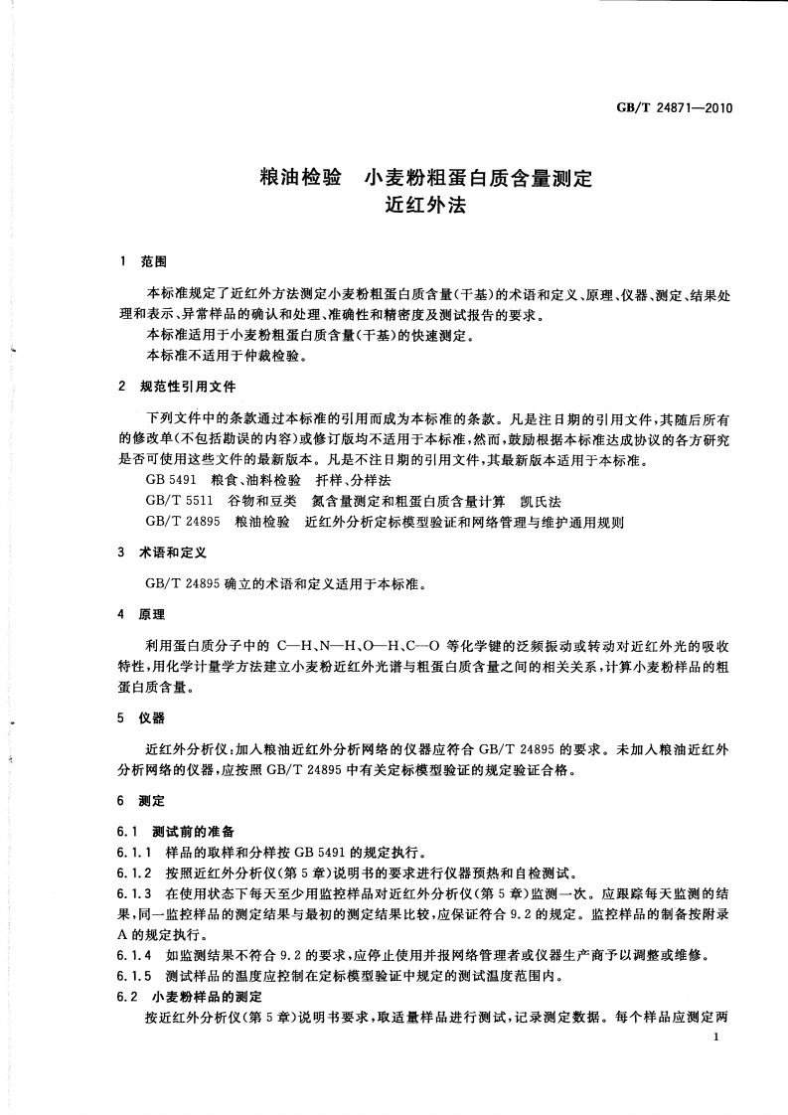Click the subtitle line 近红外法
click(x=426, y=207)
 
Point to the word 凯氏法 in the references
click(x=541, y=501)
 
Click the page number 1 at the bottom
click(x=715, y=1037)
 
